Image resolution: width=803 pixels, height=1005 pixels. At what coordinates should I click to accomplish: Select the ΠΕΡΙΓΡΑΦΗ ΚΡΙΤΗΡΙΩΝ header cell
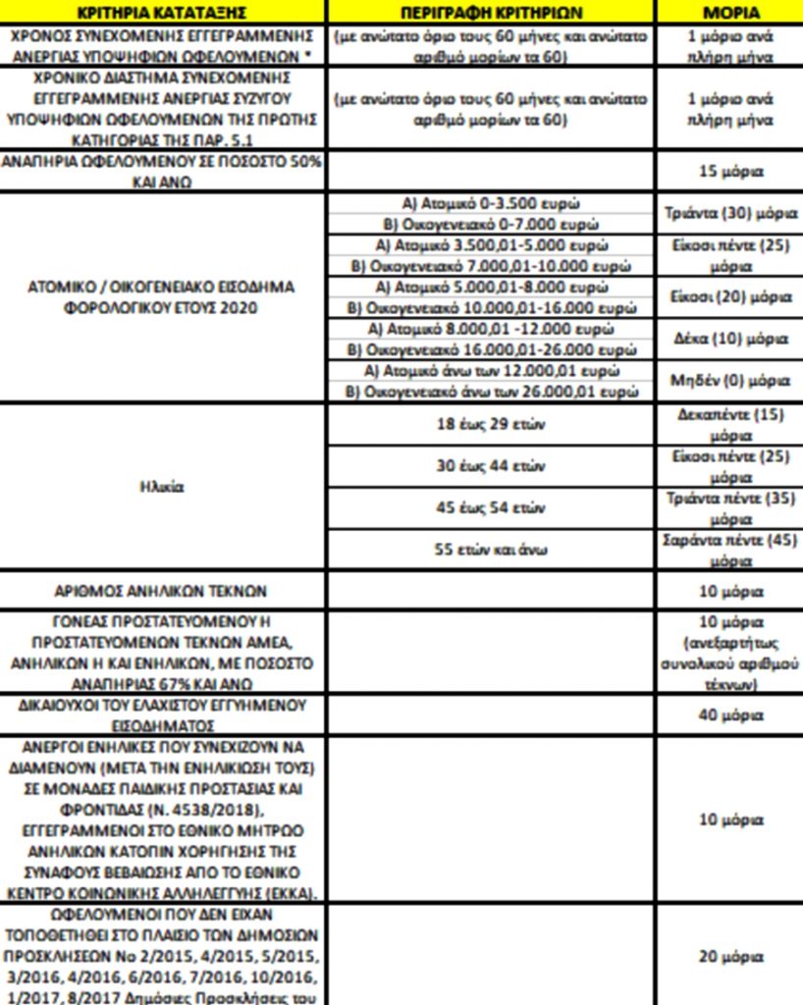[x=491, y=13]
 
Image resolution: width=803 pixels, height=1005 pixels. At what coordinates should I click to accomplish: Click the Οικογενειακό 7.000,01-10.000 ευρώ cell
[x=491, y=266]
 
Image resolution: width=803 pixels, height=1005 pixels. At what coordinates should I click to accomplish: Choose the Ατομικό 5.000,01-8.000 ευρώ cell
[x=491, y=288]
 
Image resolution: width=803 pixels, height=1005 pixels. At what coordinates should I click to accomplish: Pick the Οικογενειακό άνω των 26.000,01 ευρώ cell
[x=491, y=392]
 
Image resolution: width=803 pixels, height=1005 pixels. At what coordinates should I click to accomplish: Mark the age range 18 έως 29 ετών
[x=491, y=425]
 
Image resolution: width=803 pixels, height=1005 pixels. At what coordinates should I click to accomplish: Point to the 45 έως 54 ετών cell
[x=491, y=508]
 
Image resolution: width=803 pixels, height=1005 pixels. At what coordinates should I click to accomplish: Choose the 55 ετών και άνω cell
[x=491, y=550]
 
